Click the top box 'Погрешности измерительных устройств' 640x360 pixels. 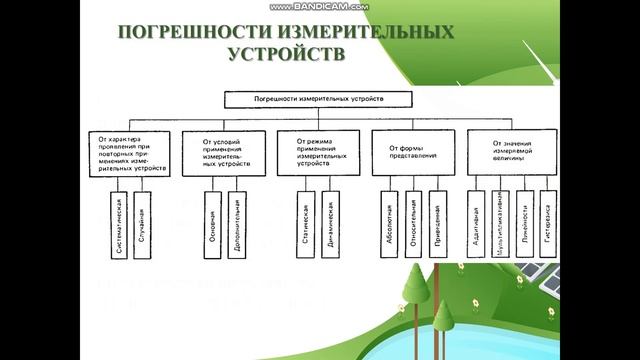point(317,99)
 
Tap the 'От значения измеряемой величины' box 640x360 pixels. point(513,153)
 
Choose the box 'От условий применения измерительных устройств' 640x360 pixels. point(222,153)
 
